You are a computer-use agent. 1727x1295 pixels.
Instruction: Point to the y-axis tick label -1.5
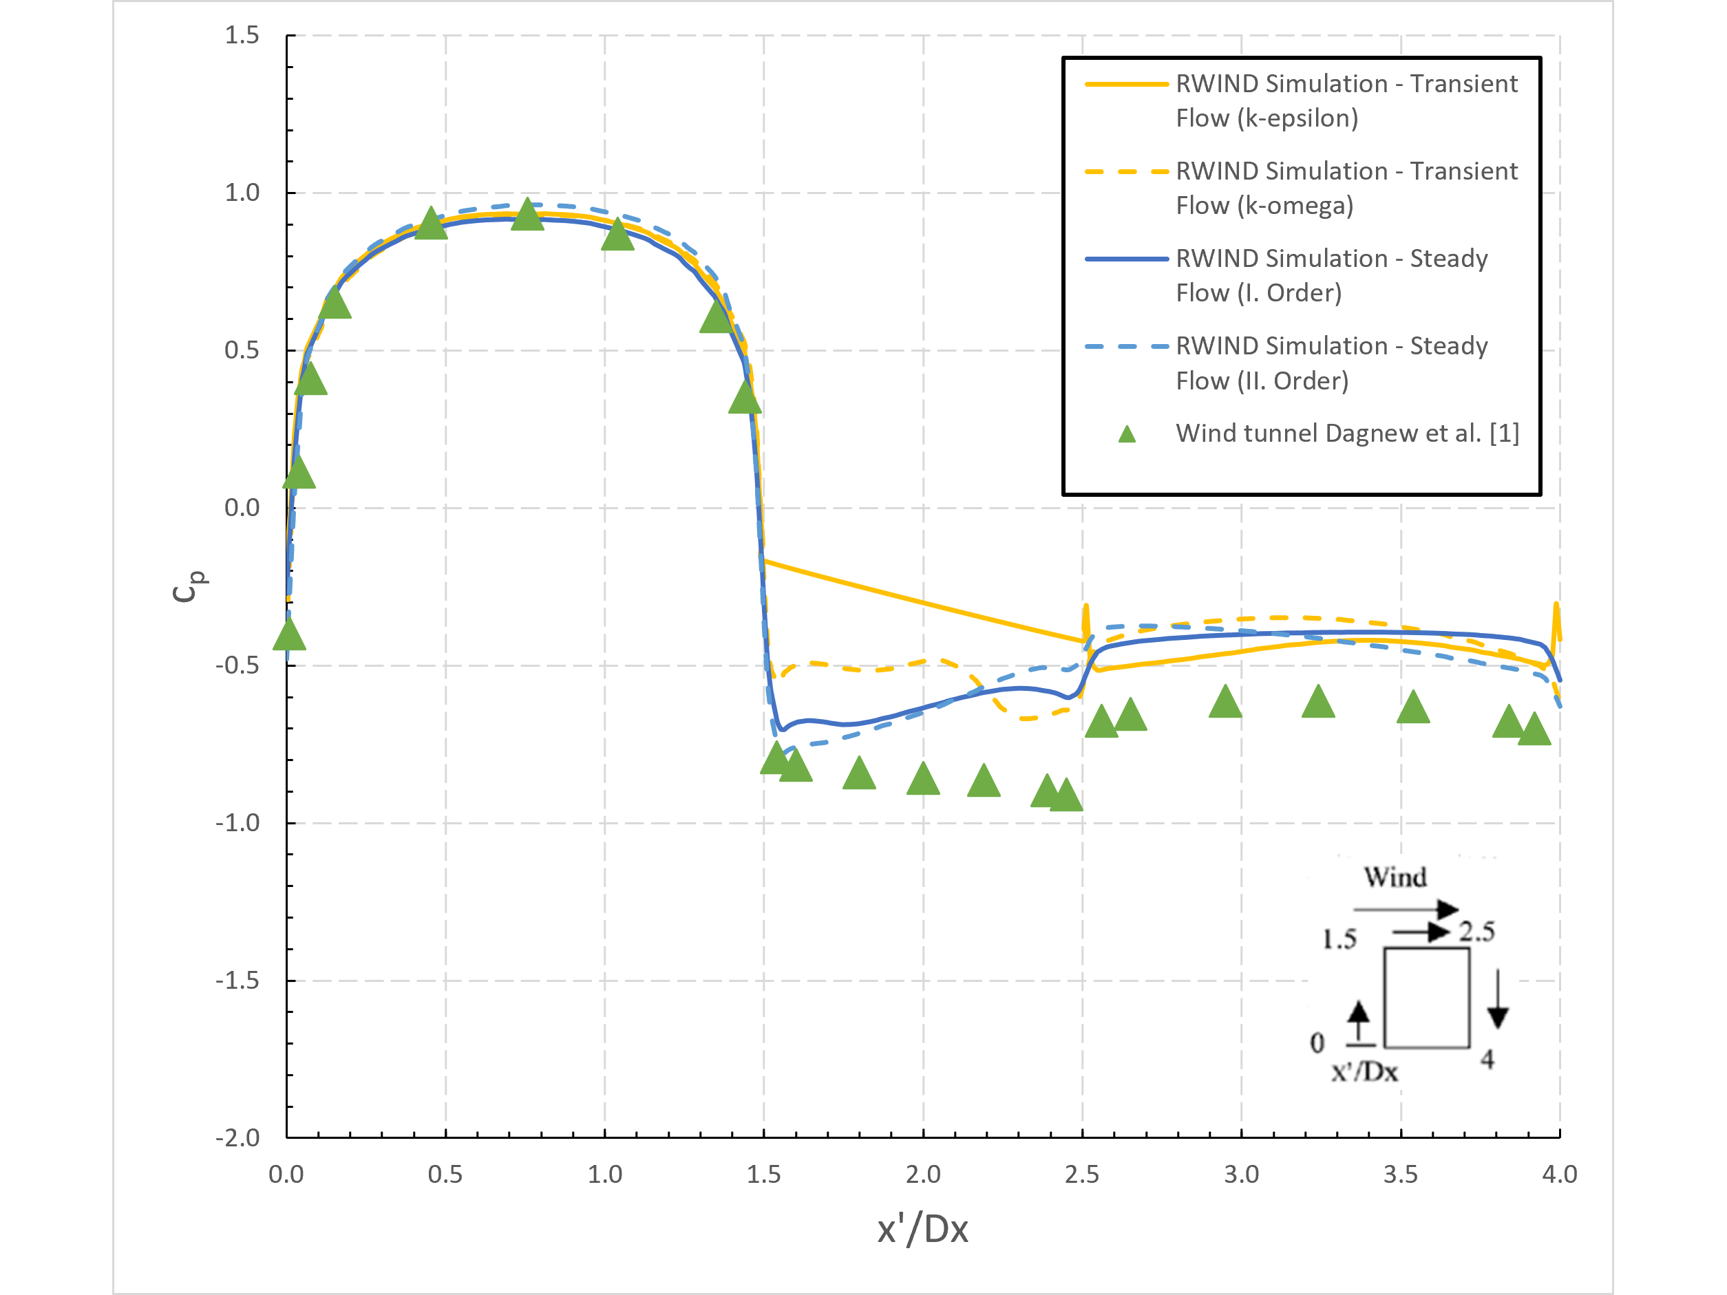(x=238, y=981)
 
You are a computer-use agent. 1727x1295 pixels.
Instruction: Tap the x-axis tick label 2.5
(x=1081, y=1175)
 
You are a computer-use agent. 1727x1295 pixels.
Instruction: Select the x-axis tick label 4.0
(x=1559, y=1175)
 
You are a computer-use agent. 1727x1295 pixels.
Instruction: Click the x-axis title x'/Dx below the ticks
(x=922, y=1230)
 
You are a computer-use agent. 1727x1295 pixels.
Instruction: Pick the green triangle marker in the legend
(x=1127, y=434)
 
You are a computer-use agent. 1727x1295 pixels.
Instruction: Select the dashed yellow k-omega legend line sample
(x=1126, y=171)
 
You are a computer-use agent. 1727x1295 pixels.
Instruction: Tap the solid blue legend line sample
(x=1126, y=258)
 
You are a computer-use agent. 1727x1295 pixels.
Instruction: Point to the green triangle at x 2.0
(x=923, y=779)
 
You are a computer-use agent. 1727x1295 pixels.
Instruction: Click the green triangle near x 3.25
(x=1318, y=703)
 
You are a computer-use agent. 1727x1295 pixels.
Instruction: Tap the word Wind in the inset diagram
(x=1395, y=877)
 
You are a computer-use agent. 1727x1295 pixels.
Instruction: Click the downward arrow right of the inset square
(x=1496, y=999)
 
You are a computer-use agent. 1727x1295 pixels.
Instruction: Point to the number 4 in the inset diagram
(x=1487, y=1059)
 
